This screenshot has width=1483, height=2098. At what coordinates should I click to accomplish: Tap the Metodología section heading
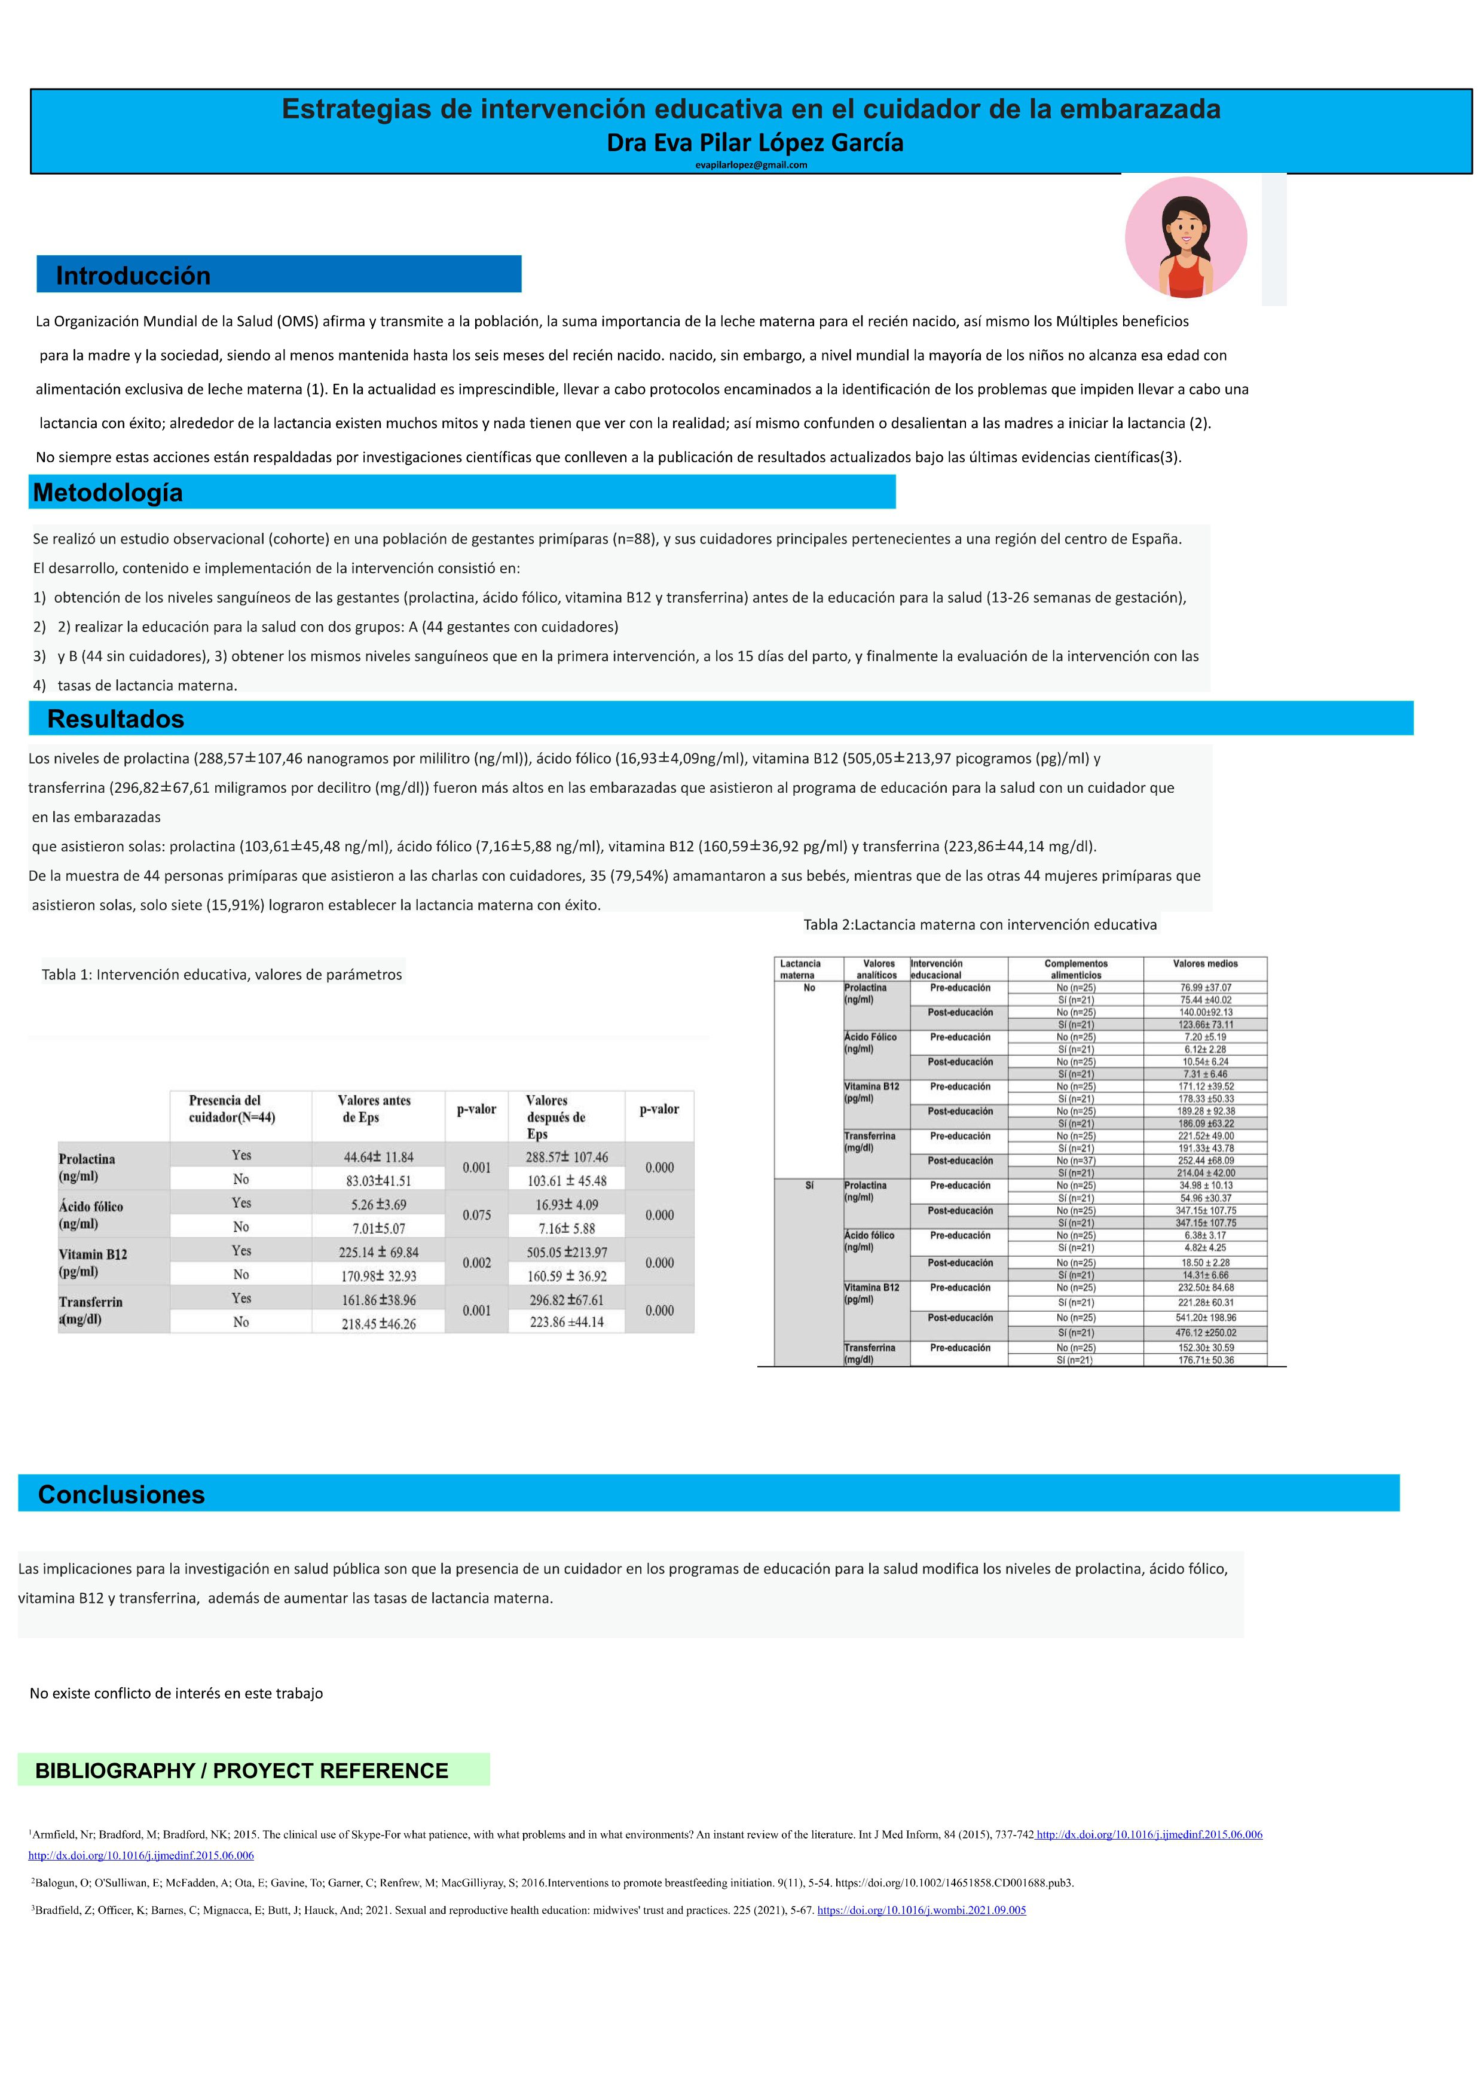(x=108, y=493)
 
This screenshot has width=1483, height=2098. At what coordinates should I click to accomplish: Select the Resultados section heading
(x=116, y=719)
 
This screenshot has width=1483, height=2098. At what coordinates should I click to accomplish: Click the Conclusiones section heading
(x=121, y=1494)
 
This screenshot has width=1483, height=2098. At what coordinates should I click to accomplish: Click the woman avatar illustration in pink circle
(x=1185, y=237)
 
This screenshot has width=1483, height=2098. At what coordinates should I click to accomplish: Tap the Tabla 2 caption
(x=980, y=925)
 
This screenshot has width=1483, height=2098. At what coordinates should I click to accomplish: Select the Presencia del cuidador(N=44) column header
(x=231, y=1108)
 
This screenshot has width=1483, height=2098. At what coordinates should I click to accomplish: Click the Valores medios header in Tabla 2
(x=1204, y=964)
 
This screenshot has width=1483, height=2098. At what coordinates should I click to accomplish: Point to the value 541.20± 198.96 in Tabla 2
(x=1206, y=1318)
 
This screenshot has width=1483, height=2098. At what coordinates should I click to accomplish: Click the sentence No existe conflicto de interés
(x=176, y=1693)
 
